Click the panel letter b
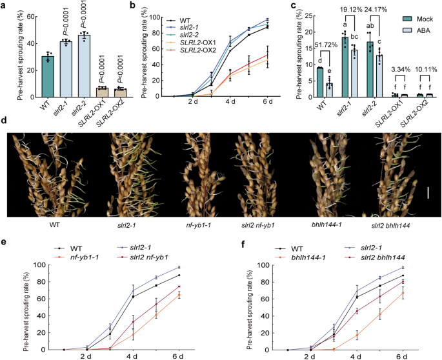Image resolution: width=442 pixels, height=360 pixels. click(x=150, y=6)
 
